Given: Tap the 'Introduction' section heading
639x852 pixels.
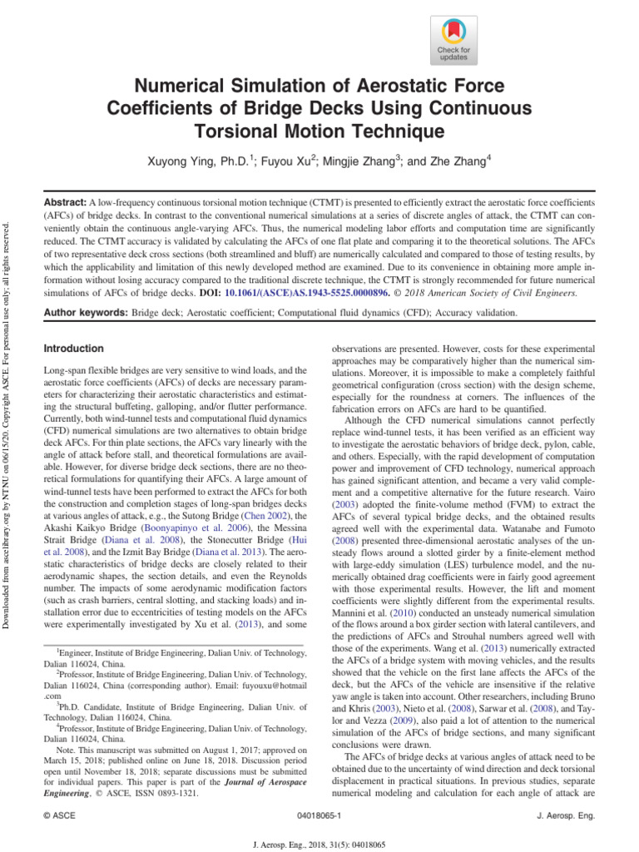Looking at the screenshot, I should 73,349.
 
